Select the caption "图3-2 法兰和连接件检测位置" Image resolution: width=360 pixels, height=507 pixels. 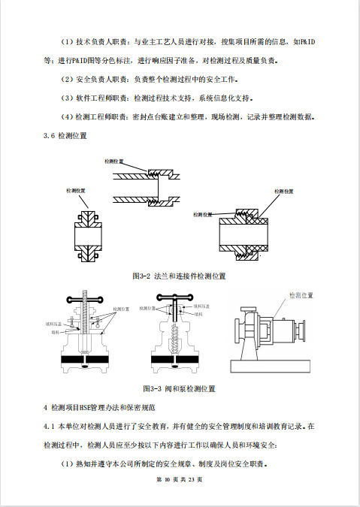click(x=179, y=276)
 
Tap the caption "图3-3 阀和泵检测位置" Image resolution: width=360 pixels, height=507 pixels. click(x=179, y=388)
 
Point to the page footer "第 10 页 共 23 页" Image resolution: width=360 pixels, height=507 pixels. click(x=180, y=479)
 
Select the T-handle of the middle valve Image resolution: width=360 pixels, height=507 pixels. click(x=179, y=304)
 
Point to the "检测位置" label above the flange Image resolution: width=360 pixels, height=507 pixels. click(x=78, y=192)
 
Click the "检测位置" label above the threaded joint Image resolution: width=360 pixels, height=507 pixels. click(x=113, y=161)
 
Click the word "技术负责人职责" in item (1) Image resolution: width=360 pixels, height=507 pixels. click(x=102, y=42)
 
